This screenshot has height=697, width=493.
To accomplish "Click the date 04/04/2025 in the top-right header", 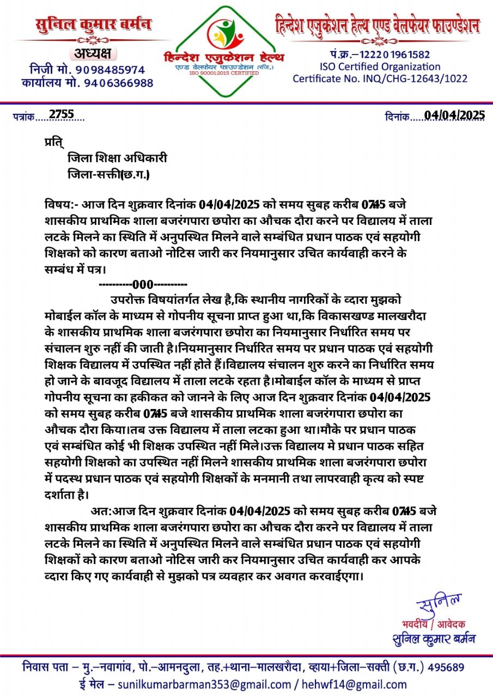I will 454,115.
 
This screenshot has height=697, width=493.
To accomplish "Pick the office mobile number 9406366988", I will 119,83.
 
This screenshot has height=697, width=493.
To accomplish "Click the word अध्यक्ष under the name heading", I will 90,54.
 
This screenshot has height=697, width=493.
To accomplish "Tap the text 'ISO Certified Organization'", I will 380,66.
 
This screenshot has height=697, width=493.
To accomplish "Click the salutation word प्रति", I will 54,143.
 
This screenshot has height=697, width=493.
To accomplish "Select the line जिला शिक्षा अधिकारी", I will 117,158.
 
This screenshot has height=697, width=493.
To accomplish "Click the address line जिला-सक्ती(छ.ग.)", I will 108,175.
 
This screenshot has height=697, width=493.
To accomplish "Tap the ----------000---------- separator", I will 143,284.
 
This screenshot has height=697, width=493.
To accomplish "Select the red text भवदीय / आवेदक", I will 434,624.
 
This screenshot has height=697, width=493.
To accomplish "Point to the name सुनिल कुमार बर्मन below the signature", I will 434,638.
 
